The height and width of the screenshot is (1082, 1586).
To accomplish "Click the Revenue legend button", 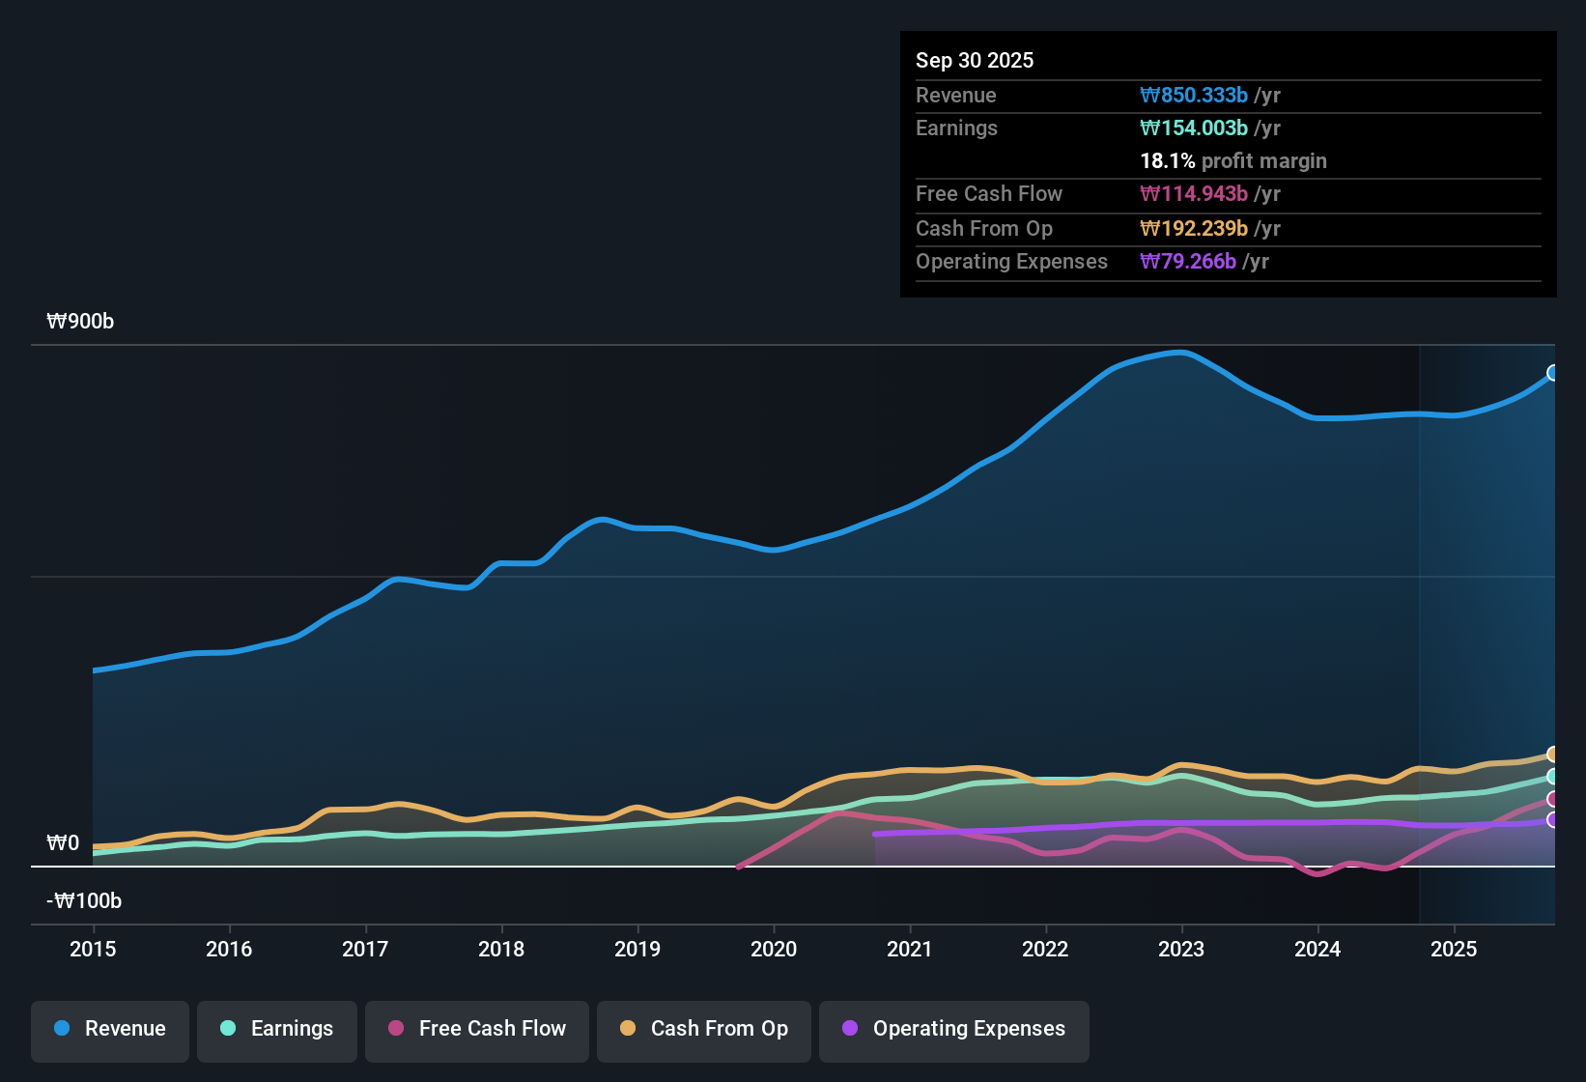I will click(x=110, y=1029).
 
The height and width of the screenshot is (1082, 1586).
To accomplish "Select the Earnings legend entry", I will click(x=277, y=1029).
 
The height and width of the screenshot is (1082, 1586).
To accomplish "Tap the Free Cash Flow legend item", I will click(x=477, y=1029).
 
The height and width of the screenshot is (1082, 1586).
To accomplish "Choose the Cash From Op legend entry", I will click(x=704, y=1029).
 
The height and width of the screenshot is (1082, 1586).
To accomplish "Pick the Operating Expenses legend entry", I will click(x=954, y=1029).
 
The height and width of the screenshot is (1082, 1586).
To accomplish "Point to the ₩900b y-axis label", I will click(x=80, y=322).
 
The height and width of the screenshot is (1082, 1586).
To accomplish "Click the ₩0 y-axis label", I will click(x=63, y=843).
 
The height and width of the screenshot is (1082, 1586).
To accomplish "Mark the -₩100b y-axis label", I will click(x=84, y=901).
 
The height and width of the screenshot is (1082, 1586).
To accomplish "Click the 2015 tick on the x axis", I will click(x=93, y=949).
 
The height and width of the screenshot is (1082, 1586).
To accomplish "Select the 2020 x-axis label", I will click(x=774, y=949).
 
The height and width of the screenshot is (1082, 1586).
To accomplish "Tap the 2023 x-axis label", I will click(x=1181, y=949).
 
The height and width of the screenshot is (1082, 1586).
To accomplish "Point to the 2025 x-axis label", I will click(x=1454, y=949).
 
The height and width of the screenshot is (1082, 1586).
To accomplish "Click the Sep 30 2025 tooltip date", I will click(x=975, y=61).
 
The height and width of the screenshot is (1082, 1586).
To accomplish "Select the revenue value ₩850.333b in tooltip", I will click(x=1194, y=96).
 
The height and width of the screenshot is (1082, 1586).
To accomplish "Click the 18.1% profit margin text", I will click(x=1233, y=161).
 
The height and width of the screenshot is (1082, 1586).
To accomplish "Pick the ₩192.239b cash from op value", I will click(x=1194, y=229).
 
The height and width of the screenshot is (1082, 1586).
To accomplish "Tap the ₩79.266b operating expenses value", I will click(x=1188, y=262).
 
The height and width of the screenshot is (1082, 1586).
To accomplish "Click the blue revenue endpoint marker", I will click(x=1553, y=373).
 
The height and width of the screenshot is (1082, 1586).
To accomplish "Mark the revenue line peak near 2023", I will click(x=1180, y=353).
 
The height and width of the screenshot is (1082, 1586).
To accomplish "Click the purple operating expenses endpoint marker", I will click(x=1553, y=820).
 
